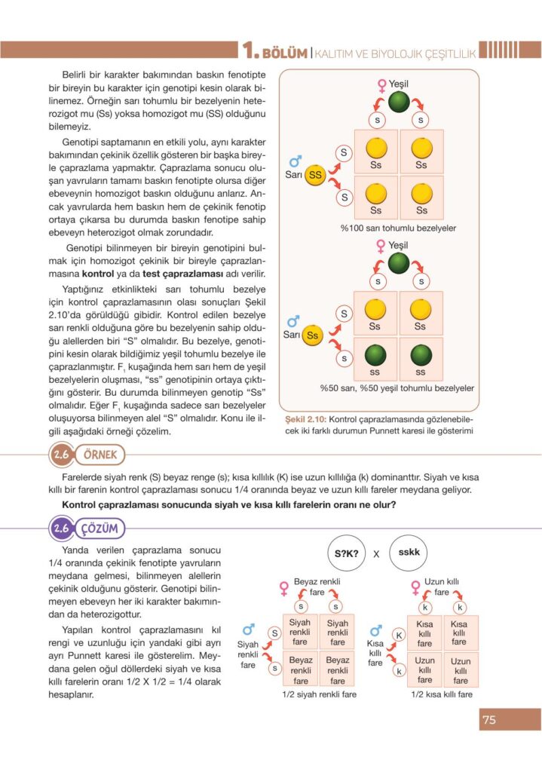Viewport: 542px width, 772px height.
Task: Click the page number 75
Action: (x=488, y=720)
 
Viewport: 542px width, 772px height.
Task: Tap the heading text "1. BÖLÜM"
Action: (x=275, y=52)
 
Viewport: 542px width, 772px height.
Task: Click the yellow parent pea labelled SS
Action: (x=315, y=175)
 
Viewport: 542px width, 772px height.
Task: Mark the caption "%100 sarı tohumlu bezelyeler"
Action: (x=398, y=228)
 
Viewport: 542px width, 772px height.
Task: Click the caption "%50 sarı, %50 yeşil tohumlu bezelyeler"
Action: (x=397, y=388)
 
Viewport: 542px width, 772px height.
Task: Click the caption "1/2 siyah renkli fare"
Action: (x=319, y=694)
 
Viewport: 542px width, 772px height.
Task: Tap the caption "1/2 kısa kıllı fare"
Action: (x=442, y=694)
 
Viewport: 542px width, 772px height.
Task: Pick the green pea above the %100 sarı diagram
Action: (x=400, y=103)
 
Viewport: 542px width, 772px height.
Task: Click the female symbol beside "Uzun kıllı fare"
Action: (x=415, y=587)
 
